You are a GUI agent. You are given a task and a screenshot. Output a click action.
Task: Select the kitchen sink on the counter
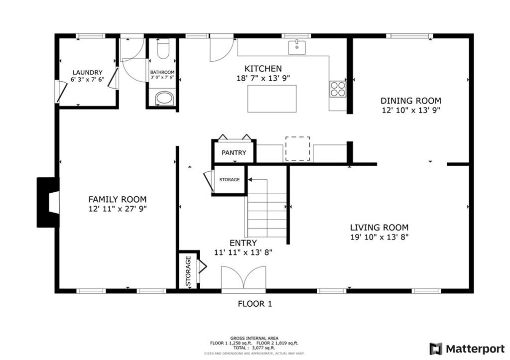[x=297, y=47]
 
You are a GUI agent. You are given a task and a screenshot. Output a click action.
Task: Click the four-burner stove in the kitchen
[x=338, y=88]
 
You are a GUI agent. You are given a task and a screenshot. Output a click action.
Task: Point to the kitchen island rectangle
[x=271, y=99]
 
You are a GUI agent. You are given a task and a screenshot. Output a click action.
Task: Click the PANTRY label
[x=234, y=152]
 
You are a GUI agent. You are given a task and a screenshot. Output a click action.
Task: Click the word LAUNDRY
[x=87, y=72]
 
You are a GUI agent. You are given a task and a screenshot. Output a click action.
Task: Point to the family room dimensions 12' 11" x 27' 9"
[x=117, y=209]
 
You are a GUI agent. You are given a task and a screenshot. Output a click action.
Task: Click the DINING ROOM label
[x=410, y=101]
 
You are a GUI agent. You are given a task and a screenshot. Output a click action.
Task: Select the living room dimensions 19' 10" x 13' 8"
[x=379, y=237]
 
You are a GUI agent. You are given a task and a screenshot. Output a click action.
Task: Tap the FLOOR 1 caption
[x=255, y=303]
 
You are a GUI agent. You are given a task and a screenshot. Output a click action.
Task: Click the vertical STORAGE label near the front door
[x=188, y=271]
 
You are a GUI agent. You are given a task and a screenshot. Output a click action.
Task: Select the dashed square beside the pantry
[x=297, y=148]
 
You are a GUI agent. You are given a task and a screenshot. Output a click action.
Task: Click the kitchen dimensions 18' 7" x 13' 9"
[x=263, y=78]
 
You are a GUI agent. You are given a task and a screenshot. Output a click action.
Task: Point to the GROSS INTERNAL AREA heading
[x=254, y=338]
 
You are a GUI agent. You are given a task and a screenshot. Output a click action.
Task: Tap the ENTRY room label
[x=243, y=243]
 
